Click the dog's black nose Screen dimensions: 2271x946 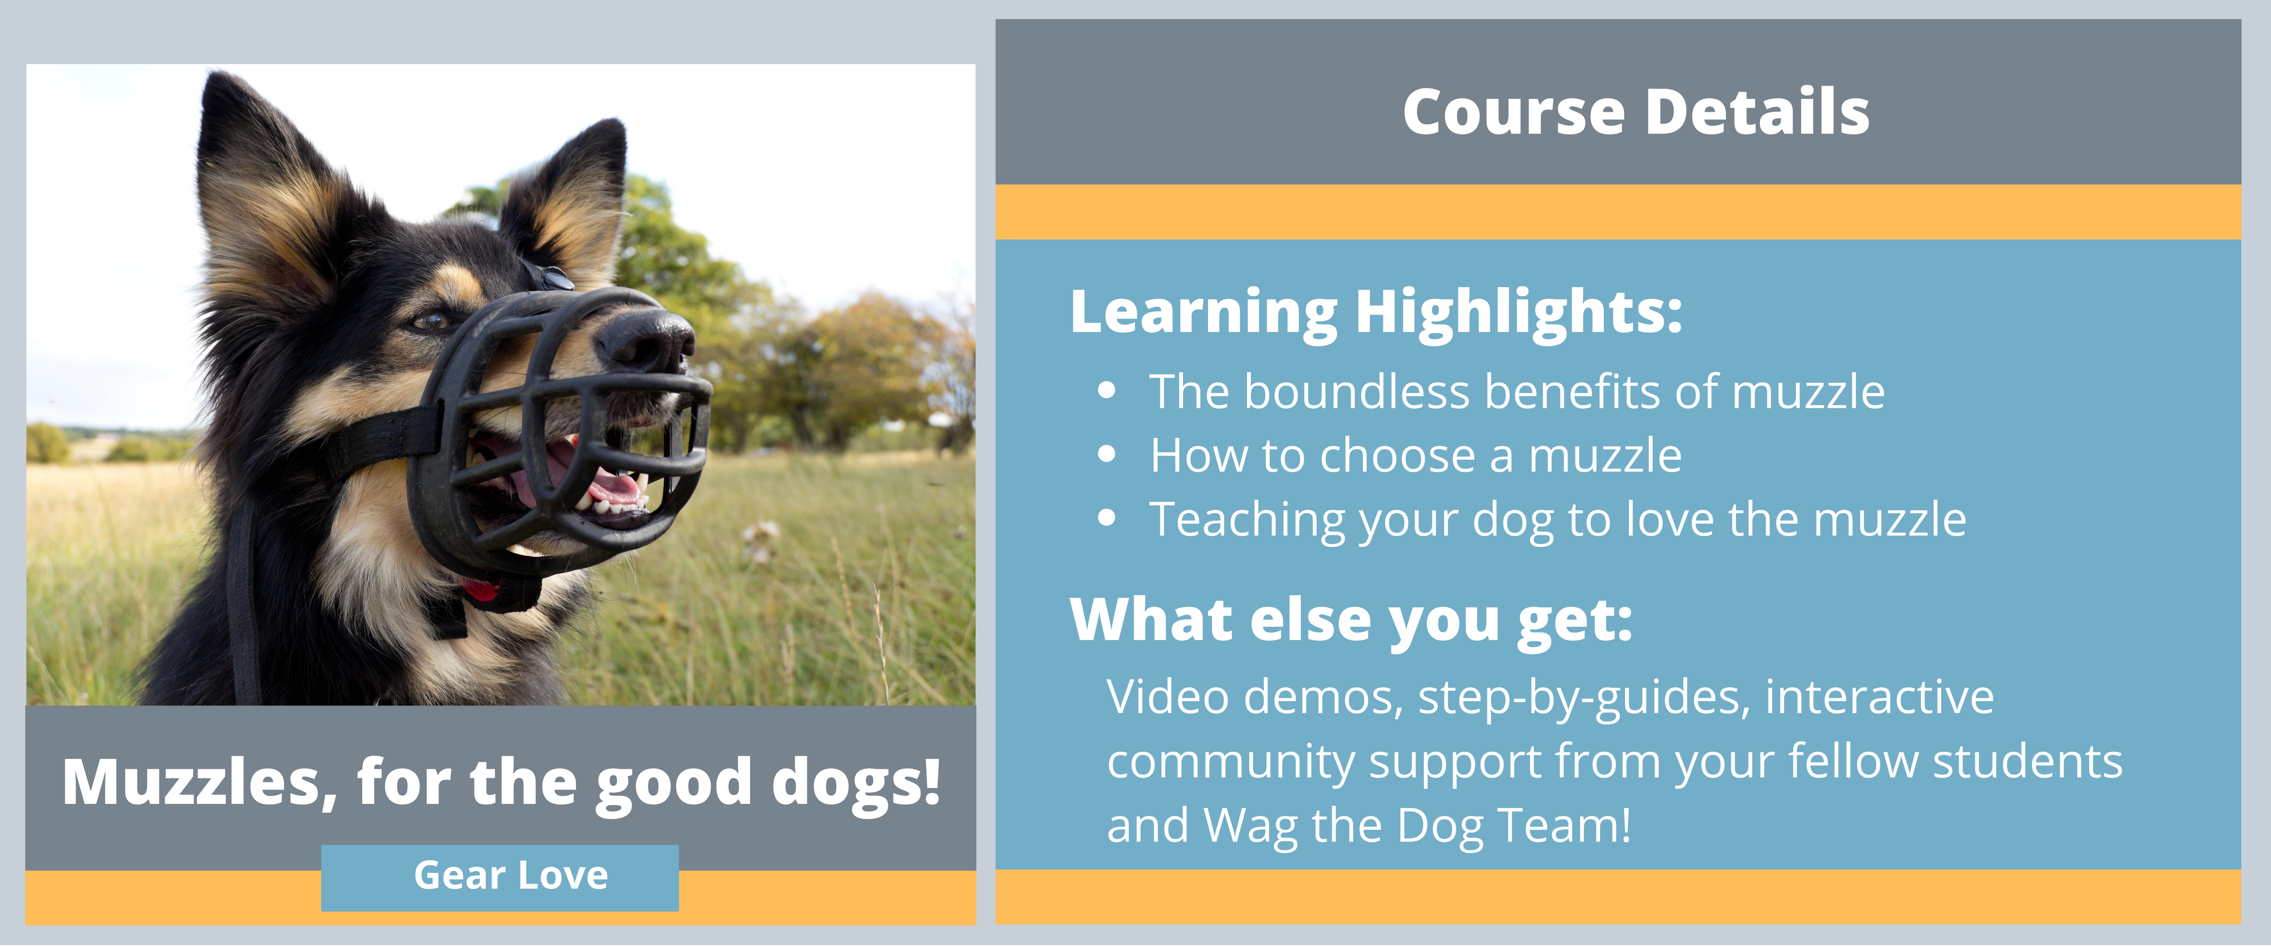click(x=648, y=339)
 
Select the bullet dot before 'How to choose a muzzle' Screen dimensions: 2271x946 click(x=1107, y=455)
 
